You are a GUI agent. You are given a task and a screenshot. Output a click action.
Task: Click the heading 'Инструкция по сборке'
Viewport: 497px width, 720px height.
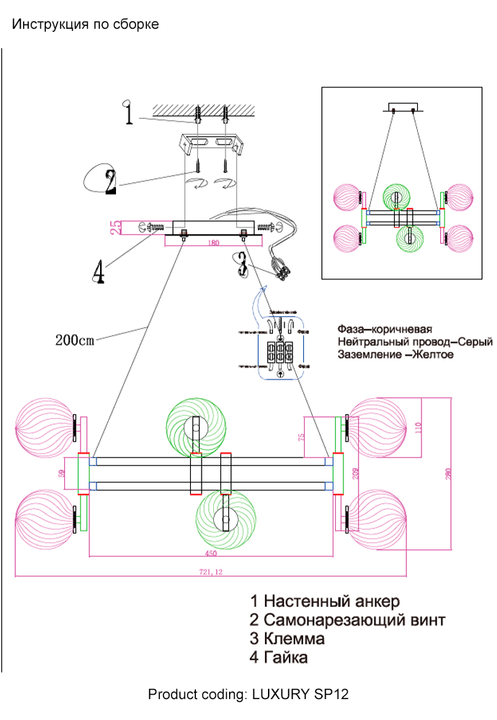pos(86,24)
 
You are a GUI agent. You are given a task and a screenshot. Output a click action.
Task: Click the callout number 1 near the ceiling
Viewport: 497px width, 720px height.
pos(128,113)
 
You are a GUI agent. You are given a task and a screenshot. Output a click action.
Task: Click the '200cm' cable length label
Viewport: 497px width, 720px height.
pos(75,341)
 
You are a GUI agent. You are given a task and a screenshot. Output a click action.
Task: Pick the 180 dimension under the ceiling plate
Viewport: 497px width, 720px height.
pos(212,243)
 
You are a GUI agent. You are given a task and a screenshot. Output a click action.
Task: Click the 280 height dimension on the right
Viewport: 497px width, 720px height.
pos(448,475)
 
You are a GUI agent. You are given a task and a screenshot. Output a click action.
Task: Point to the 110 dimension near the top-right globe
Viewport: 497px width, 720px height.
pos(416,430)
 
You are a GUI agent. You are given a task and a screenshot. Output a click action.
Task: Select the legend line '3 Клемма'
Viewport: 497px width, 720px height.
pos(287,639)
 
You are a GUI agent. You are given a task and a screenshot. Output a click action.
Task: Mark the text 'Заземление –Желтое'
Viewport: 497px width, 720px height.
pos(395,354)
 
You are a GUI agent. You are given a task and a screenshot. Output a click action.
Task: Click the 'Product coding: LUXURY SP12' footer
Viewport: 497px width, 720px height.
pos(248,695)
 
